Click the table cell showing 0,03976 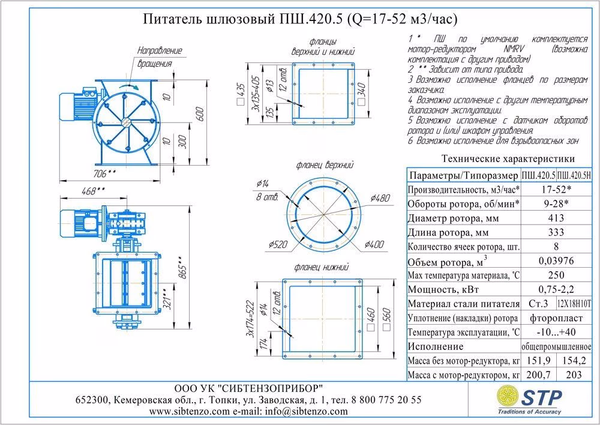pyautogui.click(x=557, y=262)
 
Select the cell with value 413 pyautogui.click(x=557, y=218)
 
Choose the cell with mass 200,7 pyautogui.click(x=539, y=376)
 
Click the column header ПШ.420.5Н pyautogui.click(x=574, y=175)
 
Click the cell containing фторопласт pyautogui.click(x=557, y=318)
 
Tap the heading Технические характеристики pyautogui.click(x=508, y=159)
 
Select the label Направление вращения pyautogui.click(x=159, y=56)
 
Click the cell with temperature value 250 pyautogui.click(x=557, y=276)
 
